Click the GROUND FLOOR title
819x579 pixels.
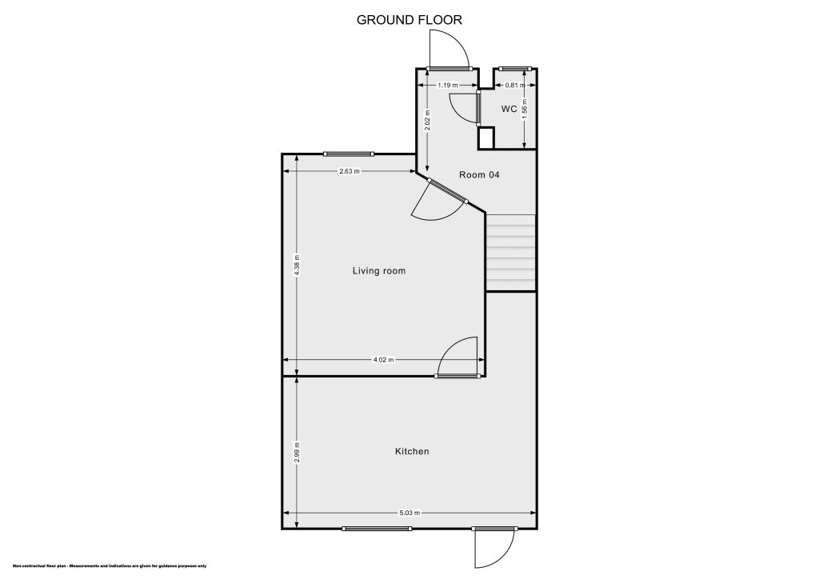pyautogui.click(x=409, y=20)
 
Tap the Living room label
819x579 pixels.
pyautogui.click(x=379, y=271)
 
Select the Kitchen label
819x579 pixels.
pyautogui.click(x=412, y=452)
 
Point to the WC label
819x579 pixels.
pyautogui.click(x=509, y=109)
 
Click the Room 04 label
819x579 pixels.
pyautogui.click(x=479, y=174)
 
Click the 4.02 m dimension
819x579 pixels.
pyautogui.click(x=384, y=361)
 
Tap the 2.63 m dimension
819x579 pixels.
pyautogui.click(x=350, y=171)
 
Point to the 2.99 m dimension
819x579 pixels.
pyautogui.click(x=297, y=452)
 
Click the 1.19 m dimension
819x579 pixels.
pyautogui.click(x=447, y=85)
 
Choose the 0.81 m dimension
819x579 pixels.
pyautogui.click(x=515, y=85)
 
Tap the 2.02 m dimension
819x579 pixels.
pyautogui.click(x=428, y=121)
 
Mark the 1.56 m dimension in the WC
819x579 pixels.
pyautogui.click(x=524, y=109)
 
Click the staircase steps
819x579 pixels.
pyautogui.click(x=510, y=253)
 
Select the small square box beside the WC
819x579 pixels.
pyautogui.click(x=486, y=138)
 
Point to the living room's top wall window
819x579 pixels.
pyautogui.click(x=348, y=154)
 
